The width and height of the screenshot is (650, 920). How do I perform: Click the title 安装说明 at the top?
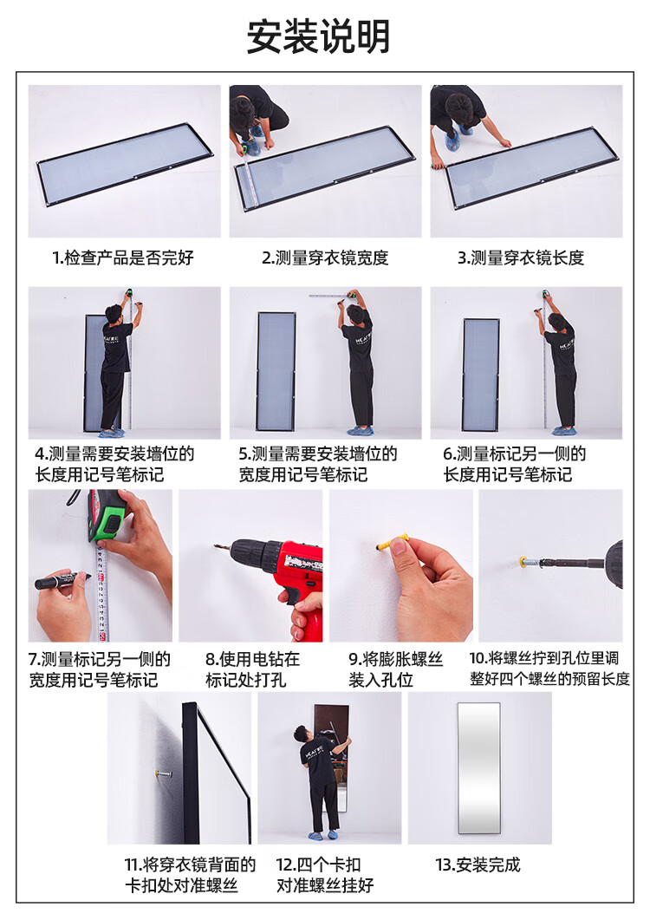tap(319, 36)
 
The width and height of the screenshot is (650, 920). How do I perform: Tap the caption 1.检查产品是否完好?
tap(123, 258)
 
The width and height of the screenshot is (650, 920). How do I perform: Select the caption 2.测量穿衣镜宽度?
tap(325, 258)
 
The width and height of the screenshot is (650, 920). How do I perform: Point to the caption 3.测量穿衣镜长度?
tap(521, 258)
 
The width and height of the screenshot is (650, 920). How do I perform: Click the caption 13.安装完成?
tap(478, 865)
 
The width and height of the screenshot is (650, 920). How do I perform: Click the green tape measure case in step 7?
tap(107, 517)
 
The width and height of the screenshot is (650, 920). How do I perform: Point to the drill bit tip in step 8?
tap(215, 546)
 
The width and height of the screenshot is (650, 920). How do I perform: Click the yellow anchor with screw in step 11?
tap(164, 774)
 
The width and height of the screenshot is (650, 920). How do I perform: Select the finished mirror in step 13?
tap(479, 767)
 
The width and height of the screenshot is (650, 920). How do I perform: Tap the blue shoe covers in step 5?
tap(360, 431)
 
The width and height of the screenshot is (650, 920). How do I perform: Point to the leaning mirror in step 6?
tap(481, 375)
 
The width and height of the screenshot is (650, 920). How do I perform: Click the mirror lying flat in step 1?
tap(125, 164)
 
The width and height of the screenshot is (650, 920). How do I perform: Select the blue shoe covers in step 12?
tap(324, 834)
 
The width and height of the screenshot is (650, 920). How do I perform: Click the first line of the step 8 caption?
tap(252, 659)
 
